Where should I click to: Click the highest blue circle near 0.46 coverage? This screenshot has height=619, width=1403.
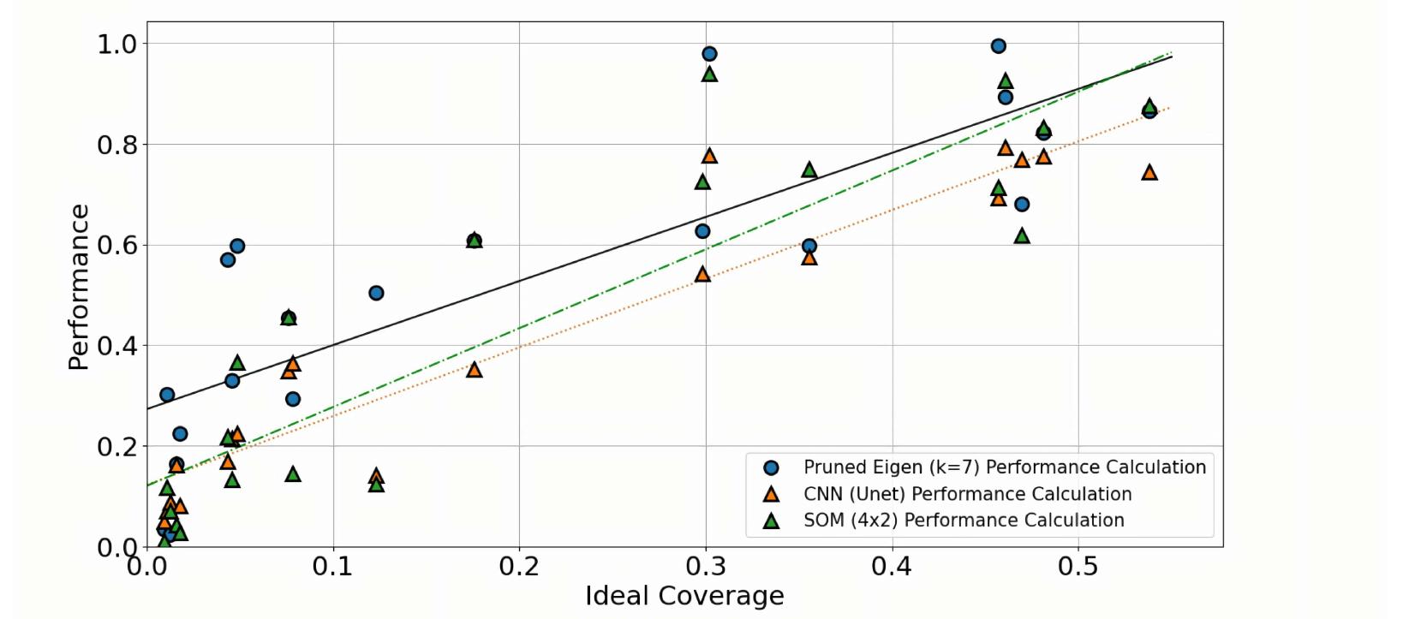point(998,46)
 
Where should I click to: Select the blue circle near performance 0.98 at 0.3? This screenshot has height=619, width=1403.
point(709,54)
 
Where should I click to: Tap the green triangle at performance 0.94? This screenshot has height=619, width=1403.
point(709,74)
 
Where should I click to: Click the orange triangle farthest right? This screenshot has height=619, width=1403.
point(1149,173)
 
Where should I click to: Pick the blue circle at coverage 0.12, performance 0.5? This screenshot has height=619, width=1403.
point(376,293)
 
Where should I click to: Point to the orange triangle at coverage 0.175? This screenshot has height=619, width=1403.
point(475,370)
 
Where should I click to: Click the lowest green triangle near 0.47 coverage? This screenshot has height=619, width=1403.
point(1022,236)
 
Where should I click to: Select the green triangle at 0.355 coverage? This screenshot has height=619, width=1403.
point(809,170)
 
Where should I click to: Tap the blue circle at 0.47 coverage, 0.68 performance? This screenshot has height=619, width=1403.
point(1022,205)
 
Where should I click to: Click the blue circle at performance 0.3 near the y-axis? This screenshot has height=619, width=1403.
point(167,395)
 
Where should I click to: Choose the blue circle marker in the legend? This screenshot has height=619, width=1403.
point(771,467)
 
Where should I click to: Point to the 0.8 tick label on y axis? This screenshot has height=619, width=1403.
point(117,145)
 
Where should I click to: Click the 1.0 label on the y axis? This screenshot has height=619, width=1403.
point(117,44)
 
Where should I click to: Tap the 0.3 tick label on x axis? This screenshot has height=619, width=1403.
point(705,567)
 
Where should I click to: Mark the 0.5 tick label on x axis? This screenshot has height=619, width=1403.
point(1078,567)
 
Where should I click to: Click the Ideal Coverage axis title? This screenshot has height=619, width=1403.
point(684,596)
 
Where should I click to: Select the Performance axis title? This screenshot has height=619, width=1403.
point(79,287)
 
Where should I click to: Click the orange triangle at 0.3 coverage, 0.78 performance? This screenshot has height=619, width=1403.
point(709,156)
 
